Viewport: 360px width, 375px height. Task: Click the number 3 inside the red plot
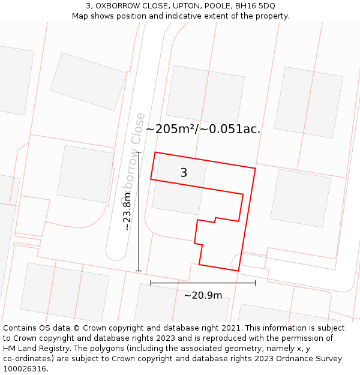(x=184, y=173)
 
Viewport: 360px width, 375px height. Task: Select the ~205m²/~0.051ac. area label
(x=203, y=129)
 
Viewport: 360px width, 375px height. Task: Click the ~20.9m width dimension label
(x=203, y=295)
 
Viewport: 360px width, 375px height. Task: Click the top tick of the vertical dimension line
(x=139, y=152)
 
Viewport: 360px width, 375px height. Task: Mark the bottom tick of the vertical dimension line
(x=139, y=271)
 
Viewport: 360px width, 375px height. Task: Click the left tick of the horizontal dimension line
(x=151, y=283)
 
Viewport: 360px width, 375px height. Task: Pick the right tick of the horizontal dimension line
(x=255, y=283)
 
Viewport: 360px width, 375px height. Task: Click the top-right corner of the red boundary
(x=256, y=169)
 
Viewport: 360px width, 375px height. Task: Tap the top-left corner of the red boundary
(x=155, y=152)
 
